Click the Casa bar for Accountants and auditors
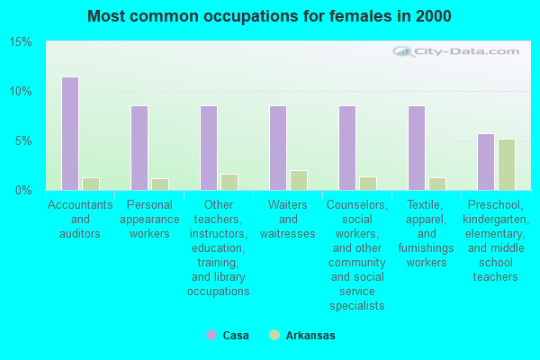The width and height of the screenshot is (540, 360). pos(69,133)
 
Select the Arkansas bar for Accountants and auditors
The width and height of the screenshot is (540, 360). pos(90,184)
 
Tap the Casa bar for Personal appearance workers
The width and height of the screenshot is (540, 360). pos(139,148)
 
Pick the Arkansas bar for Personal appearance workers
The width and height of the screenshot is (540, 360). pos(159,184)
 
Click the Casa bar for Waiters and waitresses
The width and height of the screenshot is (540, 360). pos(277,148)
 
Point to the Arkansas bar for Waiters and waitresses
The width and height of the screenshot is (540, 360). pos(298,180)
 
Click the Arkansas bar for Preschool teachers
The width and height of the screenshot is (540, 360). pos(506,165)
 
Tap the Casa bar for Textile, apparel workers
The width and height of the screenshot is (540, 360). pos(416,148)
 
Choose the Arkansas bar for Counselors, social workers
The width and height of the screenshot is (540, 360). pos(367,184)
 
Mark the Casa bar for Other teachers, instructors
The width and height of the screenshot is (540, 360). pos(208,148)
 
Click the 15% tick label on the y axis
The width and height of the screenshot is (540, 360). pos(21,42)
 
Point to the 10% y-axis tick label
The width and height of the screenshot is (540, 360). pos(21,92)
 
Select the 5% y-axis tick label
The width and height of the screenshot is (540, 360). pos(23,141)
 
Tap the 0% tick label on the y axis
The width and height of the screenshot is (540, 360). pos(23,191)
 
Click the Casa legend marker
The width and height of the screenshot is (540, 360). pos(211,335)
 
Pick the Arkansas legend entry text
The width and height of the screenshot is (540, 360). pos(310,335)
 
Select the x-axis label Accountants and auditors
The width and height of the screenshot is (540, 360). pos(80,219)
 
